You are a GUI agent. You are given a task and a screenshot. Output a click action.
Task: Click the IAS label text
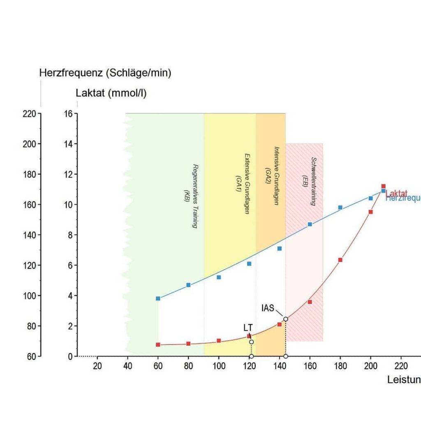coord(268,308)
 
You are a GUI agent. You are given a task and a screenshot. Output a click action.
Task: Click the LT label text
coord(248,328)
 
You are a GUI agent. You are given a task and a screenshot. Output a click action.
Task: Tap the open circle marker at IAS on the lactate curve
coord(286,319)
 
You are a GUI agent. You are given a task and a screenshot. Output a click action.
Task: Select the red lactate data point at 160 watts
coord(310,302)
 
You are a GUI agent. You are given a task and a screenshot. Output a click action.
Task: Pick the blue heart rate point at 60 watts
coord(158,298)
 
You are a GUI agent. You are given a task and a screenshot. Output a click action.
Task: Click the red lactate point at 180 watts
coord(340,260)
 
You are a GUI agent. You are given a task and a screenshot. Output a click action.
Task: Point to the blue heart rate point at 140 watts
coord(280,248)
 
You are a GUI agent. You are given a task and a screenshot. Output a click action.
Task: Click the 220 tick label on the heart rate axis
coord(29,113)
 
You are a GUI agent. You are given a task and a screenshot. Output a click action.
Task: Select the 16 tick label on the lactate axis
coord(68,113)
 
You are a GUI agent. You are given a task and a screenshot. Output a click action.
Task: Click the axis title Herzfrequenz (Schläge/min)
coord(105,73)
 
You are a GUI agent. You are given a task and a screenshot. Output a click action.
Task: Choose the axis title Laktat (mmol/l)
coord(111,93)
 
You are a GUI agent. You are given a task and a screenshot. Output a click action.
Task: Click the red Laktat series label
coord(397,193)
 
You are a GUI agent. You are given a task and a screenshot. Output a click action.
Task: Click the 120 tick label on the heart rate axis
coord(29,265)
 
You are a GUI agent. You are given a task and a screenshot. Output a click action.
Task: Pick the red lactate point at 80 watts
coord(188,344)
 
